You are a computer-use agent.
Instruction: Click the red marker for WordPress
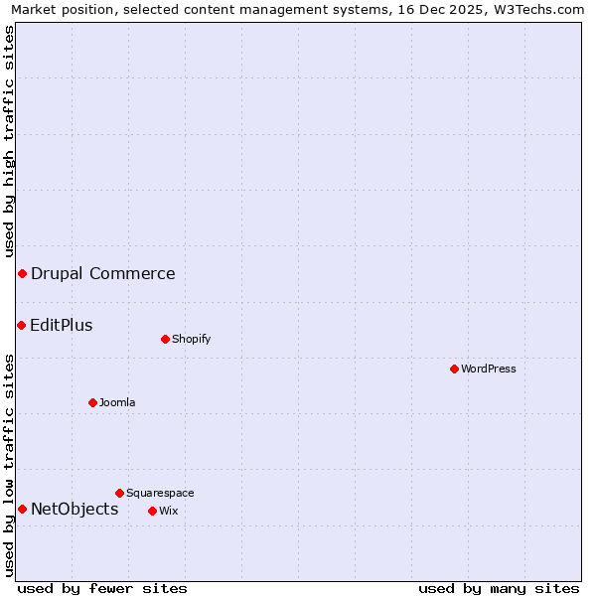[454, 369]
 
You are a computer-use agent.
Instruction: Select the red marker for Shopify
[165, 339]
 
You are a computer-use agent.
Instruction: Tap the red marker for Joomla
[92, 402]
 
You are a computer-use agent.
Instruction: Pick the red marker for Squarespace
[119, 493]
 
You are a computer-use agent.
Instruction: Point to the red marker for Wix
[152, 511]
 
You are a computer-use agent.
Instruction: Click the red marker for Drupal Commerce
[22, 273]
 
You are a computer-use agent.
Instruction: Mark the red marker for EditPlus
[21, 325]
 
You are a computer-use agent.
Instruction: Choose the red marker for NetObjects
[22, 509]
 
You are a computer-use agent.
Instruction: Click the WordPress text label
[489, 369]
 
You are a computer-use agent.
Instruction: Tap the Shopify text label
[192, 339]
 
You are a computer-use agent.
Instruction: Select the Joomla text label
[117, 402]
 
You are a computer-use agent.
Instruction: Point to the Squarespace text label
[160, 493]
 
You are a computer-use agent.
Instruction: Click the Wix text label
[168, 511]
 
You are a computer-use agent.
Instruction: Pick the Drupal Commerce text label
[103, 273]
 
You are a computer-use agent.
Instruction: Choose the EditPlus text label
[62, 325]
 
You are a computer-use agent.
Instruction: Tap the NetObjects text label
[74, 509]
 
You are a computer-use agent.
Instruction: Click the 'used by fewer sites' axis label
[102, 588]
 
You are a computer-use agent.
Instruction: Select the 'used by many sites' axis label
[499, 588]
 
